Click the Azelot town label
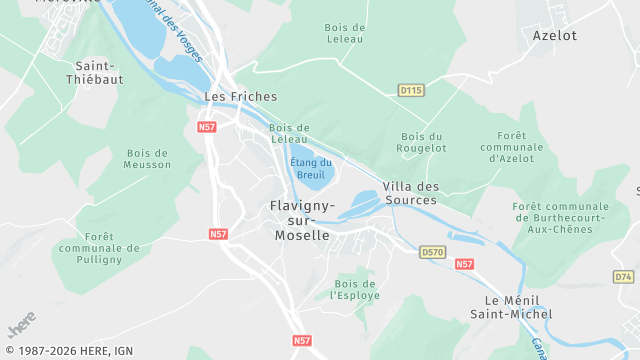pos(555,34)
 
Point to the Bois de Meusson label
pos(148,158)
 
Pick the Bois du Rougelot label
pos(421,142)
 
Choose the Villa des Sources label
pos(410,193)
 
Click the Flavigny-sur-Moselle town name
pos(301,220)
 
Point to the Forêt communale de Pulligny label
pos(99,248)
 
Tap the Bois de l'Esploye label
pos(355,288)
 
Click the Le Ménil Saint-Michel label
pos(518,307)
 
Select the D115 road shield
pos(411,90)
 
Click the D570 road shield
pos(432,252)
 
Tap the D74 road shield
pos(623,276)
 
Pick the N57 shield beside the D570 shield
pos(464,264)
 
